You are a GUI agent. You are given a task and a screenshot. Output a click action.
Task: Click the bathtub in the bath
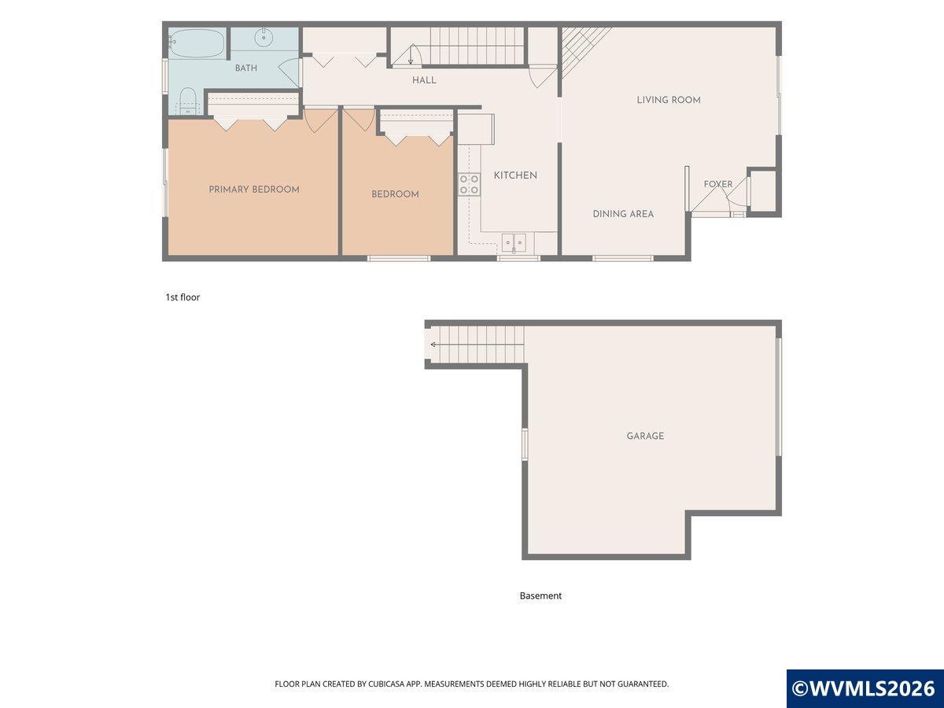pyautogui.click(x=197, y=43)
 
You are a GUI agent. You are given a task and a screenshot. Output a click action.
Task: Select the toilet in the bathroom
pyautogui.click(x=187, y=101)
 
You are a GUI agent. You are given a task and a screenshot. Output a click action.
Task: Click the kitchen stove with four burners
pyautogui.click(x=469, y=184)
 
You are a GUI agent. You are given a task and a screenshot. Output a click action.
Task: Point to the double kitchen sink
pyautogui.click(x=514, y=243)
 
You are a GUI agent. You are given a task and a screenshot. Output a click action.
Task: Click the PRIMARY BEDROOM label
pyautogui.click(x=254, y=190)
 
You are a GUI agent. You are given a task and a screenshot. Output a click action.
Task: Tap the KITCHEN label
pyautogui.click(x=515, y=175)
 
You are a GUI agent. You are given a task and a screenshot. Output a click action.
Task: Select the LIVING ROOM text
pyautogui.click(x=669, y=100)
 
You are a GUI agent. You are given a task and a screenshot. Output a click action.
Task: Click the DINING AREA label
pyautogui.click(x=623, y=214)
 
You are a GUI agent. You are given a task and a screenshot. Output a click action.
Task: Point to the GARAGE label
pyautogui.click(x=645, y=436)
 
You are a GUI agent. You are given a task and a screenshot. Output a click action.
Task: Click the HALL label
pyautogui.click(x=424, y=80)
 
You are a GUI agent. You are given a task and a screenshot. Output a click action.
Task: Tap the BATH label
pyautogui.click(x=246, y=68)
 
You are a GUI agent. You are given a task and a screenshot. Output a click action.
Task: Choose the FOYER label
pyautogui.click(x=718, y=184)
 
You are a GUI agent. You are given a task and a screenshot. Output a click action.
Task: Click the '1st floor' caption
pyautogui.click(x=183, y=297)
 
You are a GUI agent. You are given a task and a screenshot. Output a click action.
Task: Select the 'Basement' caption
pyautogui.click(x=540, y=596)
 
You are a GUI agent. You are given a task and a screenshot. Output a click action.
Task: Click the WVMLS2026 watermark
pyautogui.click(x=865, y=688)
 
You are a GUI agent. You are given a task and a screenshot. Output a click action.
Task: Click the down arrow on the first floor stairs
pyautogui.click(x=411, y=54)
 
